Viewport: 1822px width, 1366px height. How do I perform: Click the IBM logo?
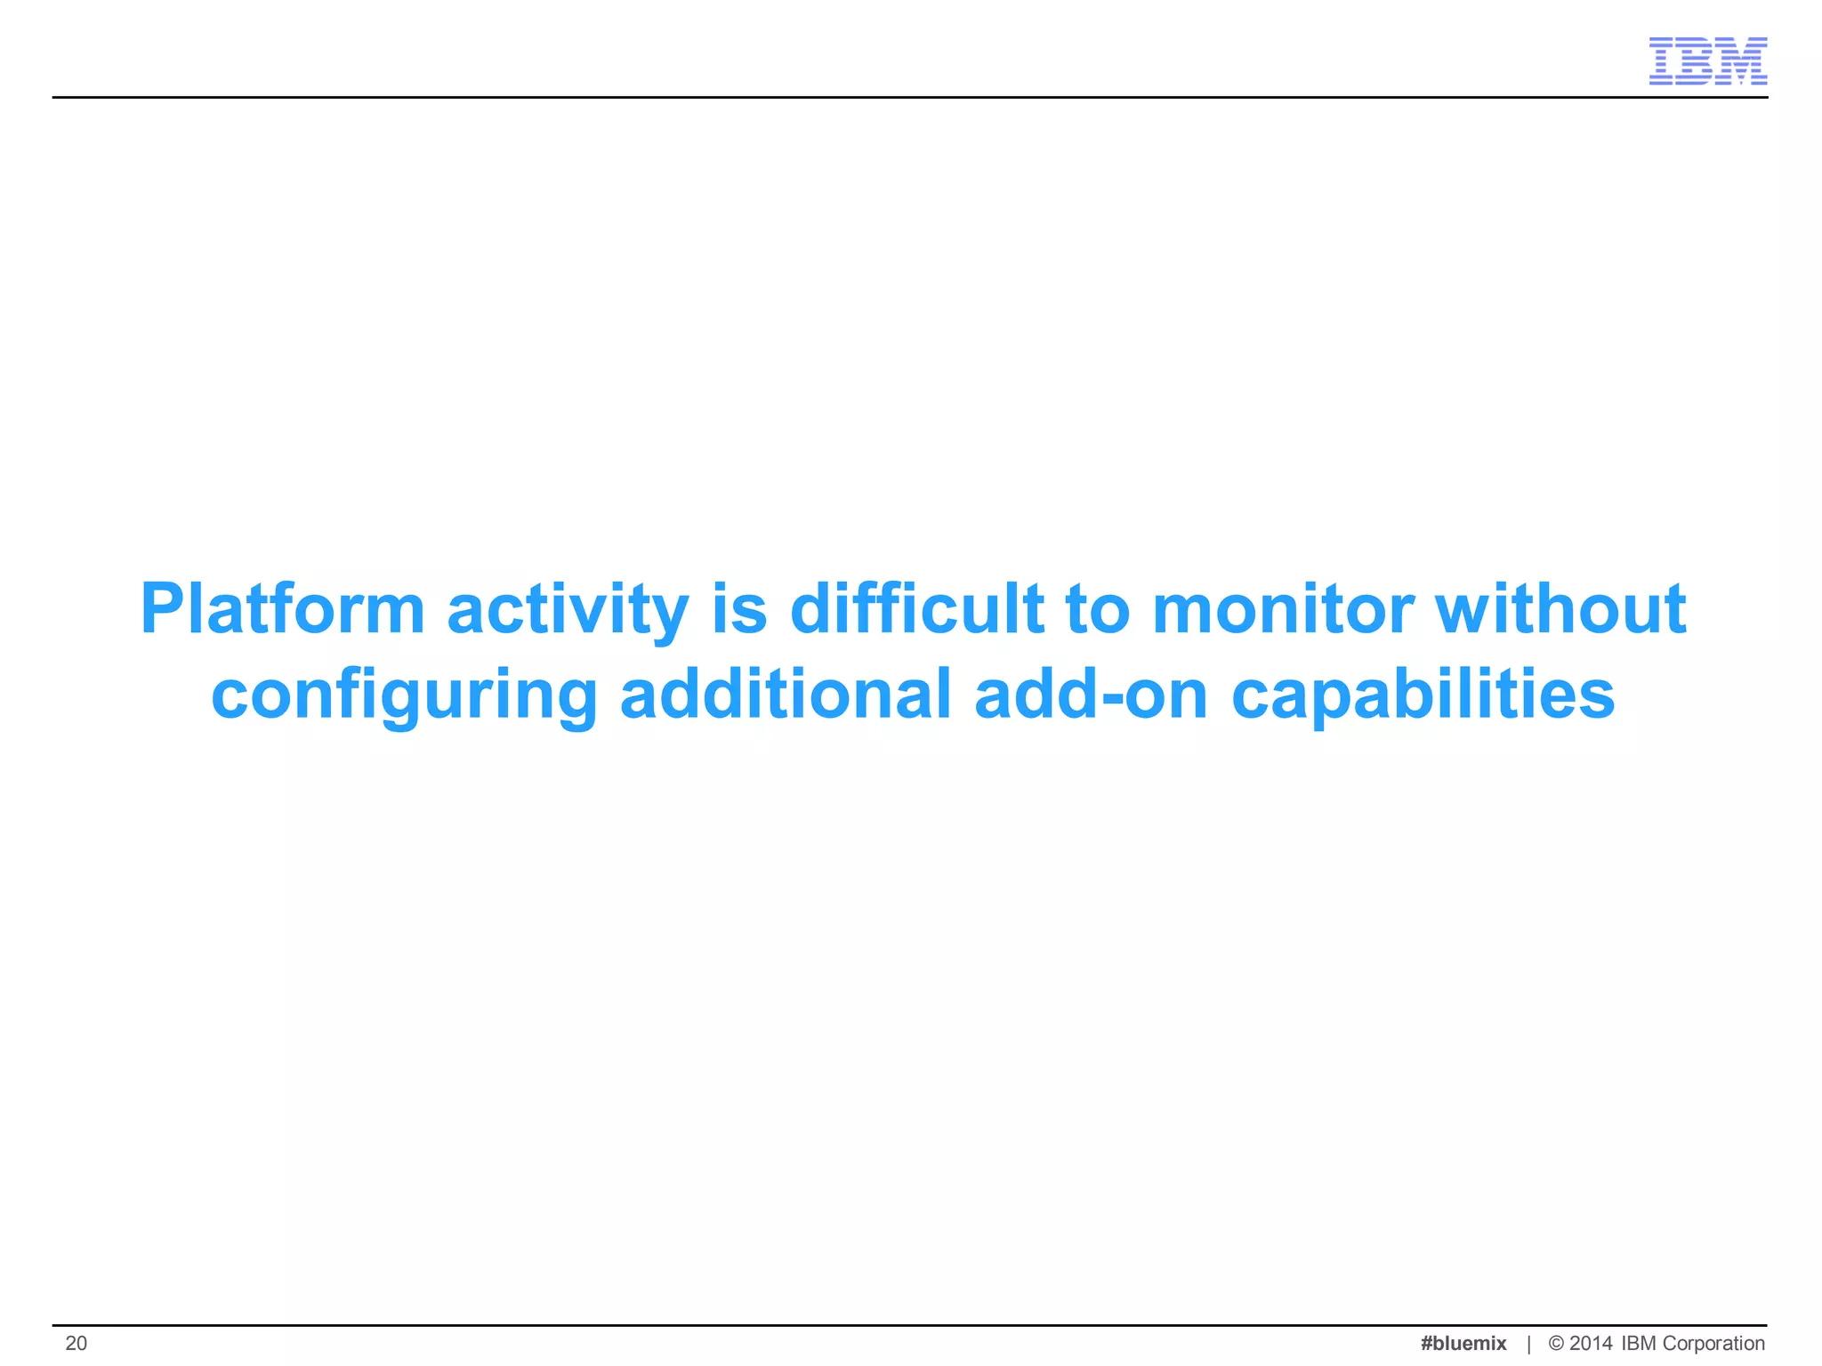pyautogui.click(x=1707, y=61)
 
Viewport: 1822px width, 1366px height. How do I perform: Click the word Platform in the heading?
pyautogui.click(x=283, y=610)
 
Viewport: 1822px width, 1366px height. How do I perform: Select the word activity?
pyautogui.click(x=568, y=610)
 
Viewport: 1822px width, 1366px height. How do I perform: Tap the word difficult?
pyautogui.click(x=916, y=610)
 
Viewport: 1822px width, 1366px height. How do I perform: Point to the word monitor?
pyautogui.click(x=1282, y=610)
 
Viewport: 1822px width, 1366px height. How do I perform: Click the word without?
pyautogui.click(x=1561, y=610)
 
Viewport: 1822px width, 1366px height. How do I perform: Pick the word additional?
pyautogui.click(x=786, y=695)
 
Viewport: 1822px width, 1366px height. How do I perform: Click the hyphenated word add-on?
pyautogui.click(x=1091, y=695)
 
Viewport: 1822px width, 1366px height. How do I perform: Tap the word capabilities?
pyautogui.click(x=1423, y=695)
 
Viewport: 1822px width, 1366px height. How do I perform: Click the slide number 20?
pyautogui.click(x=77, y=1343)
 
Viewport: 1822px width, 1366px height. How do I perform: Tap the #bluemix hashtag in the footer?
pyautogui.click(x=1463, y=1343)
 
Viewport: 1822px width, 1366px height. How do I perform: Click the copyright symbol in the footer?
pyautogui.click(x=1556, y=1343)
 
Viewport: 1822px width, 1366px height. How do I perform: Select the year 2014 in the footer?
pyautogui.click(x=1591, y=1343)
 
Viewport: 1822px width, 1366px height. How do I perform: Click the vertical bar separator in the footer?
pyautogui.click(x=1528, y=1344)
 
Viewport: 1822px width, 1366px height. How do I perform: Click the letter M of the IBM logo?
pyautogui.click(x=1745, y=61)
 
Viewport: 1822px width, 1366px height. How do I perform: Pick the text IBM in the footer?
pyautogui.click(x=1639, y=1343)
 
